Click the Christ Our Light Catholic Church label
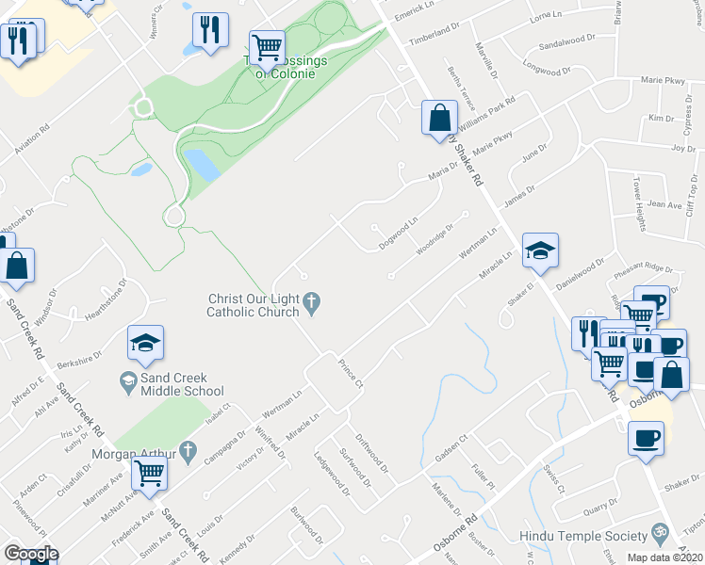tap(254, 305)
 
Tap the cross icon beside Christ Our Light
tap(314, 301)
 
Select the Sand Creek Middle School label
tap(182, 384)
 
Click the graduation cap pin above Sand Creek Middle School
tap(145, 345)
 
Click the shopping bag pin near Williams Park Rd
tap(439, 120)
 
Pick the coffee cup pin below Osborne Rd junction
tap(647, 439)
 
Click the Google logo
tap(31, 554)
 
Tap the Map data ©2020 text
tap(664, 557)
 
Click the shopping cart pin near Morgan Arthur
tap(149, 475)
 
